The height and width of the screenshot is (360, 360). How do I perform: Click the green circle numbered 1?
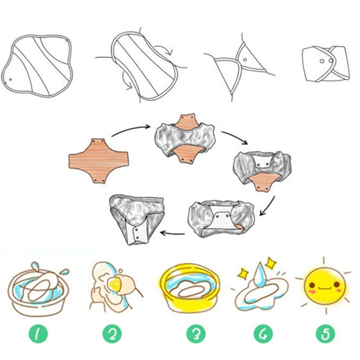[38, 334]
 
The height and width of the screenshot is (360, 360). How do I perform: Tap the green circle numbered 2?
[112, 334]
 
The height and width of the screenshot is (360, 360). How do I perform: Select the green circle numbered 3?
[196, 334]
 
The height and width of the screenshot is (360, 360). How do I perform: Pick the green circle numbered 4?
[263, 334]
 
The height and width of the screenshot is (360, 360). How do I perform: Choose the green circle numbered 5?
[325, 334]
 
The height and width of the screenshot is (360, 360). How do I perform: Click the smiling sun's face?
[324, 286]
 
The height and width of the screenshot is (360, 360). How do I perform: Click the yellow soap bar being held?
[114, 284]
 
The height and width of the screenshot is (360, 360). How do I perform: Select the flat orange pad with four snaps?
[99, 161]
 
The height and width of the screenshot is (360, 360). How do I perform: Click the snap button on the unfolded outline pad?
[10, 80]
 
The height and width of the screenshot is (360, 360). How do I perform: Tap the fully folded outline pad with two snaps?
[326, 64]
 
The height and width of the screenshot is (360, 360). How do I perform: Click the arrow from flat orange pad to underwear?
[131, 130]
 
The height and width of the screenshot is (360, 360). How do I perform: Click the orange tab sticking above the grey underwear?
[188, 120]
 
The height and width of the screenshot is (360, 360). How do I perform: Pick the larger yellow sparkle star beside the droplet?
[271, 263]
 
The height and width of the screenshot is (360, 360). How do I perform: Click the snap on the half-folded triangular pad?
[245, 60]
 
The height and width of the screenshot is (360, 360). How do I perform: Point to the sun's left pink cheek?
[311, 292]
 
